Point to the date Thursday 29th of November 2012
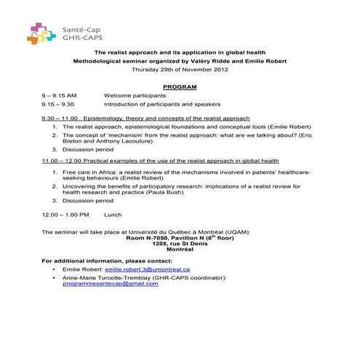click(180, 70)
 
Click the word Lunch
click(113, 215)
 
